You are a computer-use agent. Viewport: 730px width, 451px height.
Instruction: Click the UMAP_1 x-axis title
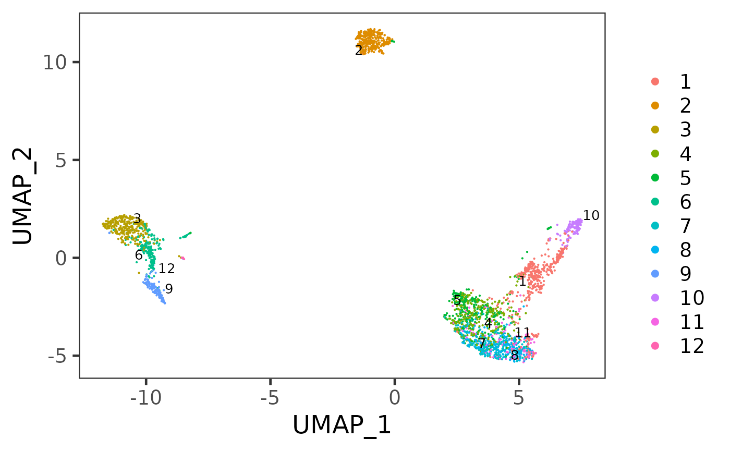342,425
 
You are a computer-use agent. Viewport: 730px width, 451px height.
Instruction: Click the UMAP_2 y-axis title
25,195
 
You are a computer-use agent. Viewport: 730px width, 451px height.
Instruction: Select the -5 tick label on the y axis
60,356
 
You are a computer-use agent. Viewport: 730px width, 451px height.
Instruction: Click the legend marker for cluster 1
655,81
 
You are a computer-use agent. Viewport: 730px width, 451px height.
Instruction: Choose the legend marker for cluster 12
655,345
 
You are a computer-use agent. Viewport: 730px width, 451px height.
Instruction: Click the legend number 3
685,129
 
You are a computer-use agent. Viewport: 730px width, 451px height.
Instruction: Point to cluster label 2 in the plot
358,51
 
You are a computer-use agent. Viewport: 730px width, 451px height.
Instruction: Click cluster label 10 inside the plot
591,215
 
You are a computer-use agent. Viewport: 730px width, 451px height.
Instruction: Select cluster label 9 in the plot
169,289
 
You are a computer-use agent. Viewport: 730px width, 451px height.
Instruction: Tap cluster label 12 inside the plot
166,269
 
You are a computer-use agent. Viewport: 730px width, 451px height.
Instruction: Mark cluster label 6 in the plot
139,255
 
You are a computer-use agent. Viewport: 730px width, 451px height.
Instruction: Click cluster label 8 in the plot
515,356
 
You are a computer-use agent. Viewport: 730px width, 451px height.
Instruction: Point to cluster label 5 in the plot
457,300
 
